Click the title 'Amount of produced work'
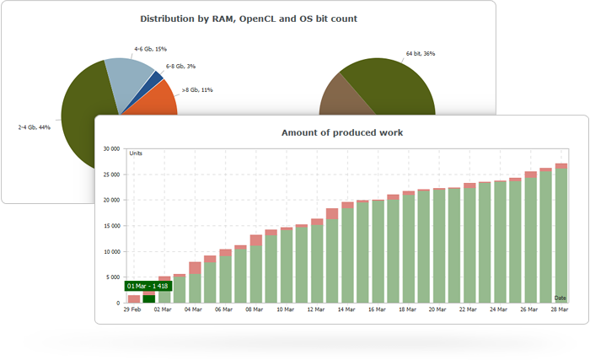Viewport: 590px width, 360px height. tap(341, 132)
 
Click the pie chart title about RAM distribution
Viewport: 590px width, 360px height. tap(247, 19)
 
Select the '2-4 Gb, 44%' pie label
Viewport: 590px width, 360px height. tap(35, 127)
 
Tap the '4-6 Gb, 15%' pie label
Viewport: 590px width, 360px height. tap(151, 49)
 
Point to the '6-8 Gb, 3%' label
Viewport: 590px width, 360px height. tap(181, 65)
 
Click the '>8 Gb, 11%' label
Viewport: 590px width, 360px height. tap(197, 89)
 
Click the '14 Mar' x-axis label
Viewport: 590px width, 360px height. tap(346, 309)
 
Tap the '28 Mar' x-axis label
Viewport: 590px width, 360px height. tap(560, 309)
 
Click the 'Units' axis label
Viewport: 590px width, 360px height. tap(136, 153)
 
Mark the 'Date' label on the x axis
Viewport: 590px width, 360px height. tap(560, 298)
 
